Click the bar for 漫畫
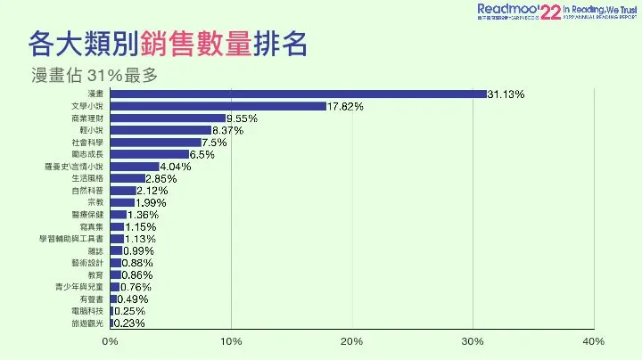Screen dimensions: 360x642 click(x=299, y=94)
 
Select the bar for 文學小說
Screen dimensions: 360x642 click(x=218, y=106)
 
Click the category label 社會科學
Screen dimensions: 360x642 click(x=87, y=143)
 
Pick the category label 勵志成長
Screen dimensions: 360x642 click(x=87, y=154)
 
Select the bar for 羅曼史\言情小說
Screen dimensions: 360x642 click(x=135, y=167)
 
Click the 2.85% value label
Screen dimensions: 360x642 click(x=161, y=178)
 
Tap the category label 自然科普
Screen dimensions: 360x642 click(x=87, y=191)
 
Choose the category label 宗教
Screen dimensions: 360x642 click(x=95, y=202)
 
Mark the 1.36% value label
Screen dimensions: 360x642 click(x=143, y=215)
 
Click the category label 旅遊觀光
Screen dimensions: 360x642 click(x=87, y=323)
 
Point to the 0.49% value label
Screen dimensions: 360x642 click(x=133, y=299)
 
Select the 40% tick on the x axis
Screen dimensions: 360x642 click(x=593, y=342)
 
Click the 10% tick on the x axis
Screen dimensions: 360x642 click(x=231, y=342)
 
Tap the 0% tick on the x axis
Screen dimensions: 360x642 click(x=111, y=342)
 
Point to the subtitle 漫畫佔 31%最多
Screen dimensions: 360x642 click(x=94, y=75)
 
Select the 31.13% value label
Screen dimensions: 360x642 click(x=506, y=94)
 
